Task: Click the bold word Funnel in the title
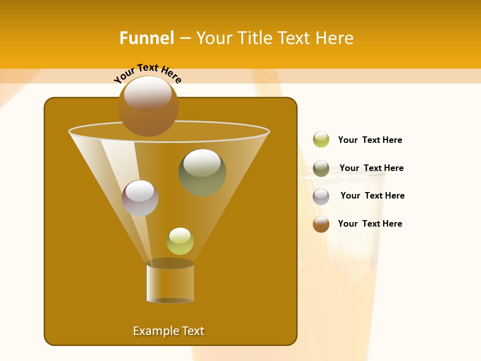147,38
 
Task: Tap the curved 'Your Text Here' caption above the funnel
148,73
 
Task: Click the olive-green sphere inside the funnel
202,172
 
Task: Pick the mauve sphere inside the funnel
140,198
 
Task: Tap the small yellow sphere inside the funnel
180,241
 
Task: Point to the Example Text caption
168,331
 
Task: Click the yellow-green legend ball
321,140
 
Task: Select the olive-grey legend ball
321,168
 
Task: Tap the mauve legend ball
321,197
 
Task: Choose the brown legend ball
321,224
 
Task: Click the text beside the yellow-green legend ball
370,140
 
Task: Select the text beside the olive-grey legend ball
371,168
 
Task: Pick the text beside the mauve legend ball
372,196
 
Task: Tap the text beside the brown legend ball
370,224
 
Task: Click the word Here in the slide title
336,38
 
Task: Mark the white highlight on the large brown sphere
148,93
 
